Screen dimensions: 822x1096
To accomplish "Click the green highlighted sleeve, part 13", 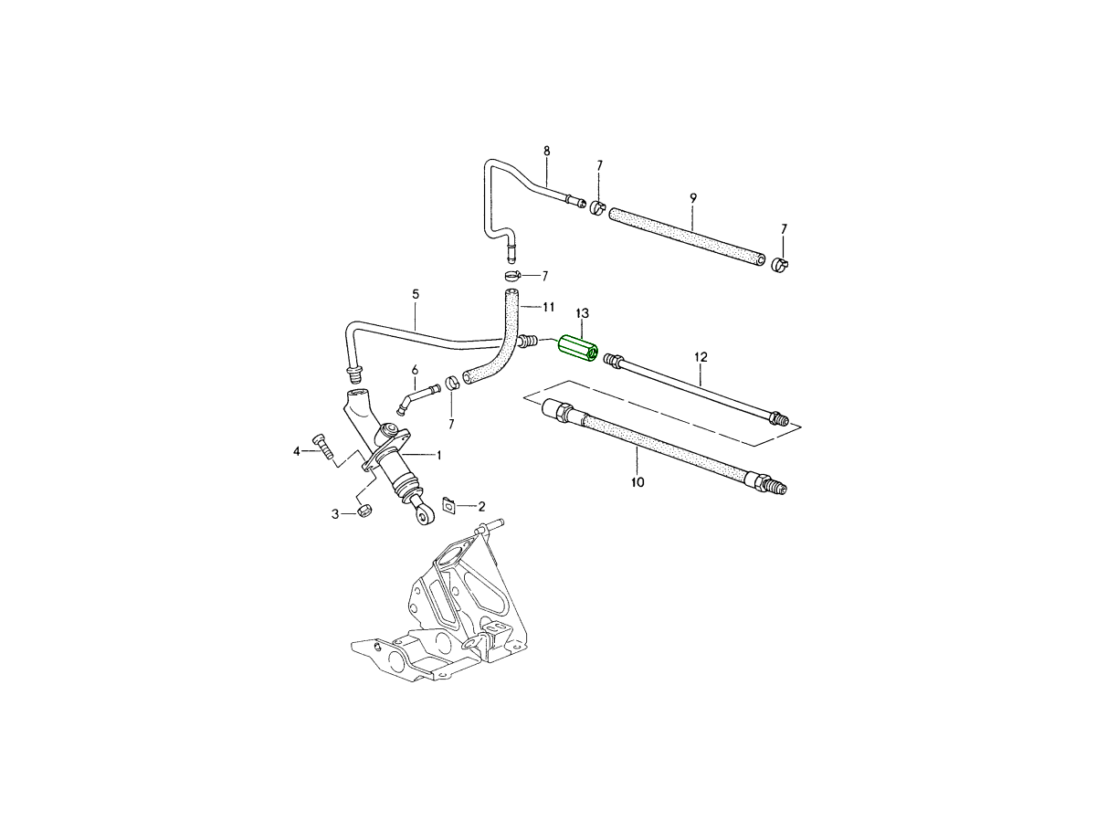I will point(577,349).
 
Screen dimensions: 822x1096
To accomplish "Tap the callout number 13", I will point(582,314).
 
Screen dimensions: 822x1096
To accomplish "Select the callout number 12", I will point(701,356).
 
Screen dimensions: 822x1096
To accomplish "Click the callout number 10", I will point(638,481).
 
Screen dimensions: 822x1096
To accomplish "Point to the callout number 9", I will point(693,197).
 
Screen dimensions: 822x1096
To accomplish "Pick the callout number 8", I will point(546,151).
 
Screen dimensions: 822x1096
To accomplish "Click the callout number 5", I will point(416,294).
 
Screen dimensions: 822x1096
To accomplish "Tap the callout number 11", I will point(548,306).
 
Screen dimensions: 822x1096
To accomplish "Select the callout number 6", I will point(415,369).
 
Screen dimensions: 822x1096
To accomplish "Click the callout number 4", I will point(296,451).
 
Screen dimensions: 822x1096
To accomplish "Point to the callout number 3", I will point(335,515).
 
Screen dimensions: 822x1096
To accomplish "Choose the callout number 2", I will point(481,505).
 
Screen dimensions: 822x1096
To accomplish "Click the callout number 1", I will point(438,454).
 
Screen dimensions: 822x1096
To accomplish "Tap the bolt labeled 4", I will point(322,446).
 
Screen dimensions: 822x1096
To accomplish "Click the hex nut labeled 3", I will point(363,511).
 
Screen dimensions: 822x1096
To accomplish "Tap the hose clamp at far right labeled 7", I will point(781,265).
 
